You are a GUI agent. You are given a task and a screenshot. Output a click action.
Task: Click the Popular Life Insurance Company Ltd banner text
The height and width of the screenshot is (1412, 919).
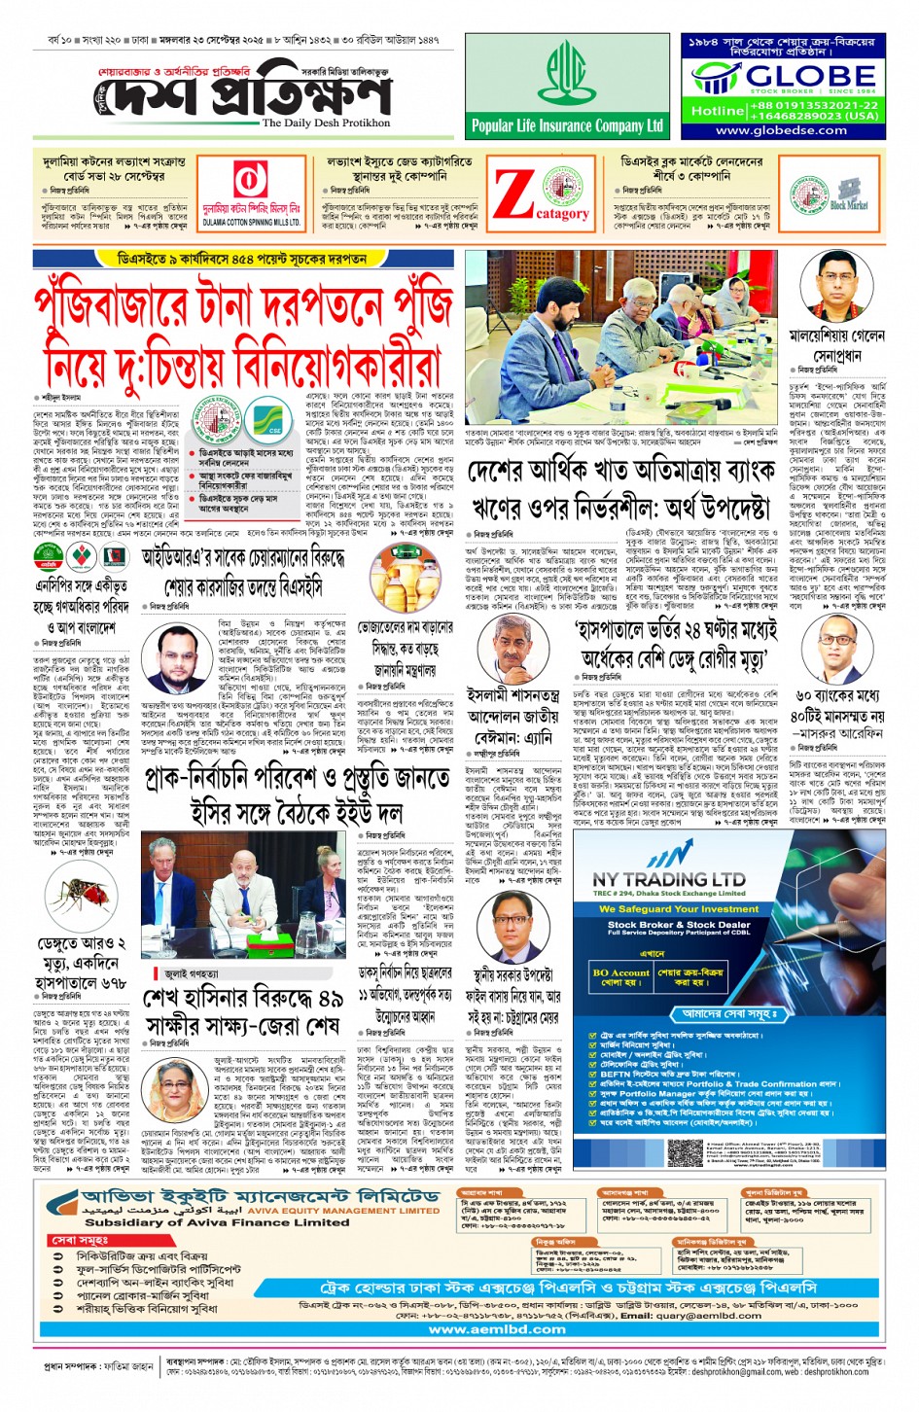(x=567, y=125)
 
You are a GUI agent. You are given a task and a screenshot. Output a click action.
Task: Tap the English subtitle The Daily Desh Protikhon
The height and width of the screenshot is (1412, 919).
(x=326, y=124)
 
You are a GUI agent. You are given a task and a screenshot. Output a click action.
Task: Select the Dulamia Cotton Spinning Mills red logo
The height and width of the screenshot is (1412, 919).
(x=251, y=181)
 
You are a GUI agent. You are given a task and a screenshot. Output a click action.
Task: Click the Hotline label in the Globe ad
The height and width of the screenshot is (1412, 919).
(x=718, y=110)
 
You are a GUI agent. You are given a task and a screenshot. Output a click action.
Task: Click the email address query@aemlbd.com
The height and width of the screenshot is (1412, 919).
(x=695, y=1316)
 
